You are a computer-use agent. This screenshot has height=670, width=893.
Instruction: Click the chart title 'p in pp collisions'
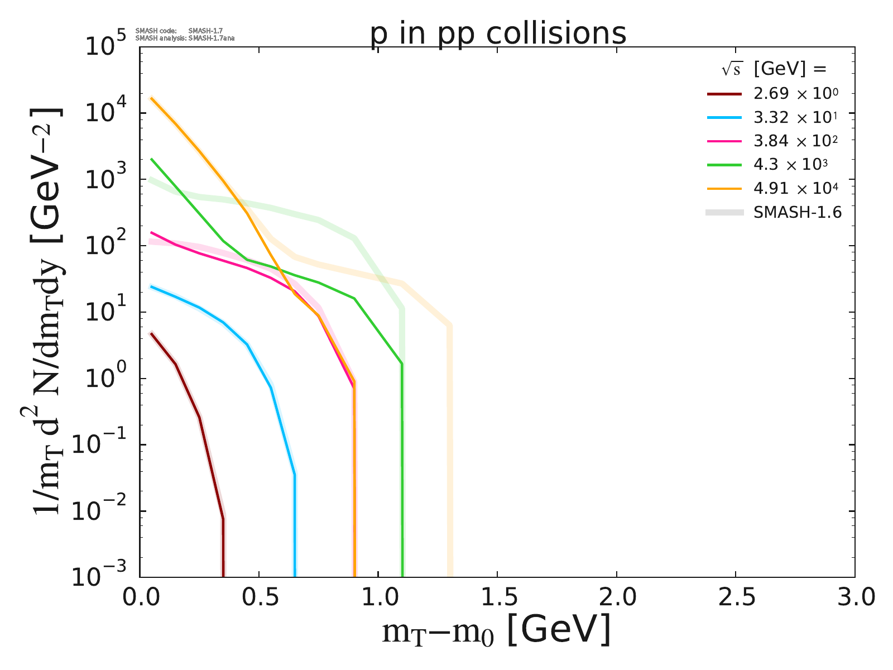[498, 33]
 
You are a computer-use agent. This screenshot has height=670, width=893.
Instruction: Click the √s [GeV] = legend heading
[773, 69]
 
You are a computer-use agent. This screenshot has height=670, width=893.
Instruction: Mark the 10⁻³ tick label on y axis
[104, 577]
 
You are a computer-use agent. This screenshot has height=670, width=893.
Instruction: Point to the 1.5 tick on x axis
[497, 597]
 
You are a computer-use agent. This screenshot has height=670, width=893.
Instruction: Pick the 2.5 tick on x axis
[735, 597]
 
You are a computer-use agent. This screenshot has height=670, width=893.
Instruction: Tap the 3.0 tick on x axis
[854, 597]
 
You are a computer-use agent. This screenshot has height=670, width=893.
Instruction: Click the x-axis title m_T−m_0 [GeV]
[497, 631]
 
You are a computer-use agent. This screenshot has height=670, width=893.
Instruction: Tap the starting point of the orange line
[151, 98]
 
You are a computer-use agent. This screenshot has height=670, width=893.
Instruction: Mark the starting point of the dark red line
[151, 333]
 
